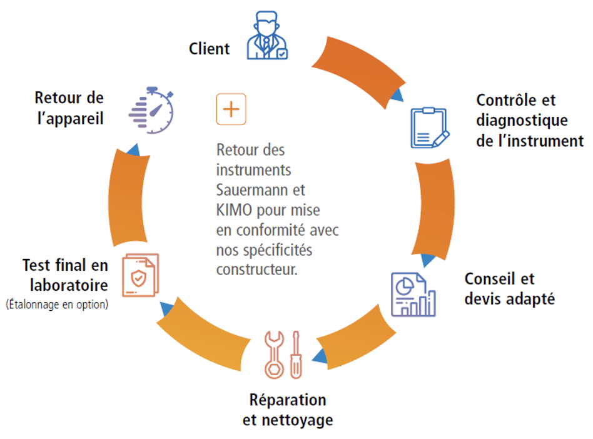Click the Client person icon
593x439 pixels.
[x=267, y=38]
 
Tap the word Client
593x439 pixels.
[x=210, y=49]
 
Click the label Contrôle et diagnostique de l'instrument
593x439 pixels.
[x=529, y=120]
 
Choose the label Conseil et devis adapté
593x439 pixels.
[x=509, y=288]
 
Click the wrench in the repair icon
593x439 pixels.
[x=274, y=354]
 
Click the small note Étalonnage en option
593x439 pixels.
[x=57, y=305]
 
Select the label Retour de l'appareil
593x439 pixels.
[x=69, y=108]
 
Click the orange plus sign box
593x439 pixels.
[x=231, y=109]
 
